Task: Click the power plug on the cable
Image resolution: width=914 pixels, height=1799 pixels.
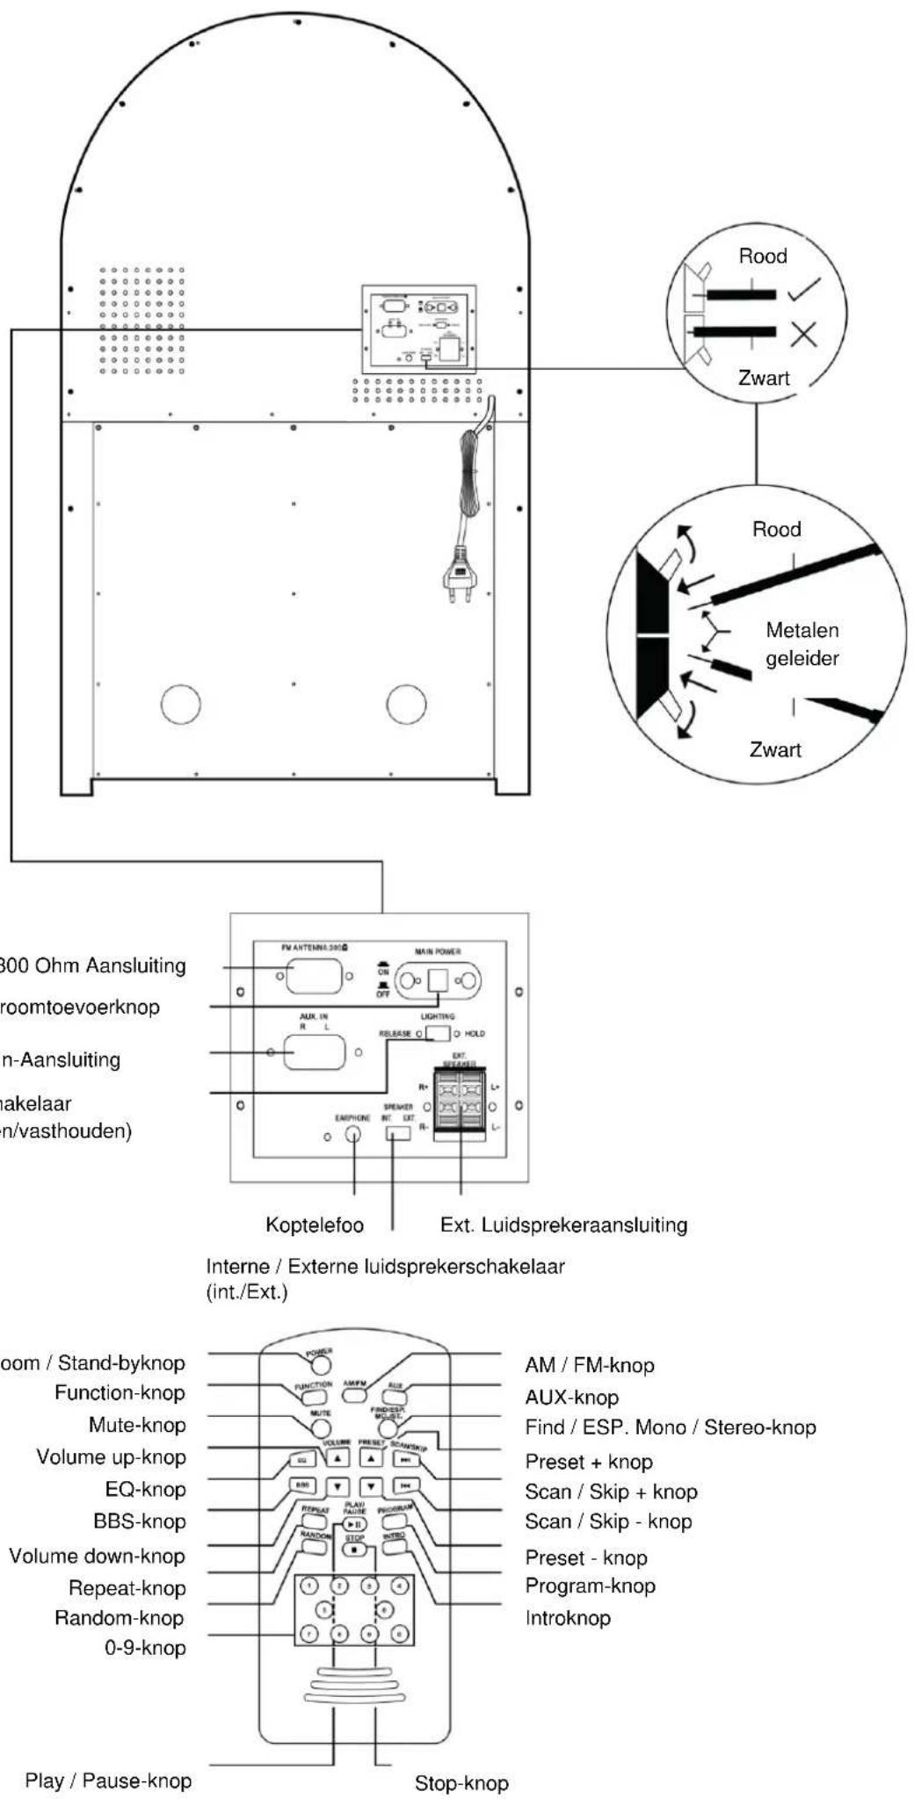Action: [x=459, y=576]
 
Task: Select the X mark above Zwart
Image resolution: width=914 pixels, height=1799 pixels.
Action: [x=802, y=334]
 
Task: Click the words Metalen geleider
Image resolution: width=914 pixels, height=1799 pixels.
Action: [x=802, y=644]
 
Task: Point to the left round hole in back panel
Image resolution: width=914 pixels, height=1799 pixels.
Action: [x=181, y=704]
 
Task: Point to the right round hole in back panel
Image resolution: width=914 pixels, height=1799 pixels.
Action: [x=406, y=704]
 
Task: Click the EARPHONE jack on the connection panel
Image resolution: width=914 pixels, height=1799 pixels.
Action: [x=353, y=1133]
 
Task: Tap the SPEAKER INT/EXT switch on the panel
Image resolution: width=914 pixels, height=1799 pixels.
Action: [x=398, y=1132]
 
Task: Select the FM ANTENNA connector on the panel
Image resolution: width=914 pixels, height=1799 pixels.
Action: [x=314, y=976]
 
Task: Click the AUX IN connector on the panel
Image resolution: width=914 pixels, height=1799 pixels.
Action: [x=314, y=1051]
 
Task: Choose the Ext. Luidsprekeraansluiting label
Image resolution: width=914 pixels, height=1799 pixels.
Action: [x=563, y=1225]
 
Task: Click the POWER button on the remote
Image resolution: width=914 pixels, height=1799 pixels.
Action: [x=321, y=1363]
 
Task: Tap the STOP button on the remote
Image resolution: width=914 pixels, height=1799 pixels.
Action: [x=353, y=1550]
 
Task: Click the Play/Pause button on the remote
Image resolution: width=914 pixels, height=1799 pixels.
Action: [x=354, y=1524]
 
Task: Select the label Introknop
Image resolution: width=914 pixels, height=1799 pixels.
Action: [x=568, y=1618]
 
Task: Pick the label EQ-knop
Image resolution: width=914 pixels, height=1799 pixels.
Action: [x=145, y=1489]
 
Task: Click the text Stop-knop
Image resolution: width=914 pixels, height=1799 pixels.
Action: [x=461, y=1783]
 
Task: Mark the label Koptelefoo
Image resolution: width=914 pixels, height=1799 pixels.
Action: [x=315, y=1225]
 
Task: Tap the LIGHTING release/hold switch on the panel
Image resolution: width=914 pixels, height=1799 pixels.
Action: [x=438, y=1033]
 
